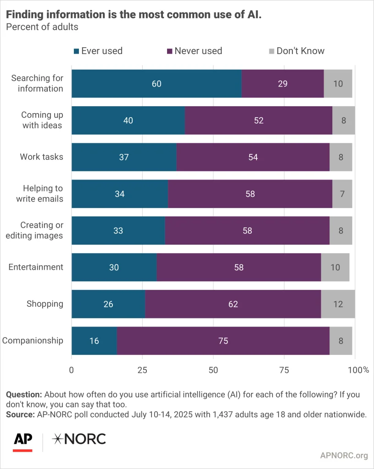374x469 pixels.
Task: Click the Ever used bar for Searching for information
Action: point(156,84)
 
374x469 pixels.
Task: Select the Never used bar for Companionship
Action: point(223,341)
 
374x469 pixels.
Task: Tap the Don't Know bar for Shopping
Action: point(338,304)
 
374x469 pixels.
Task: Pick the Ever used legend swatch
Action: point(76,51)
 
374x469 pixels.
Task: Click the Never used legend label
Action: point(198,51)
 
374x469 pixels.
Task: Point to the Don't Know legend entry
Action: point(296,51)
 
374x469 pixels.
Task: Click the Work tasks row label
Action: point(41,157)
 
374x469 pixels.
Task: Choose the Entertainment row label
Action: point(36,267)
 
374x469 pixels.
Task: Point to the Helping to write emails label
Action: point(39,193)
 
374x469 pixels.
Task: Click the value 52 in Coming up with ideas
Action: point(258,120)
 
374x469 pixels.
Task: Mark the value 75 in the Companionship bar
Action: point(223,341)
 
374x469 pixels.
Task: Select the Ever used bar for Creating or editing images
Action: point(118,231)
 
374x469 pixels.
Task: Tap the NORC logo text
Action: point(79,439)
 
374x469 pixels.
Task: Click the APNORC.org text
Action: point(344,455)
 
